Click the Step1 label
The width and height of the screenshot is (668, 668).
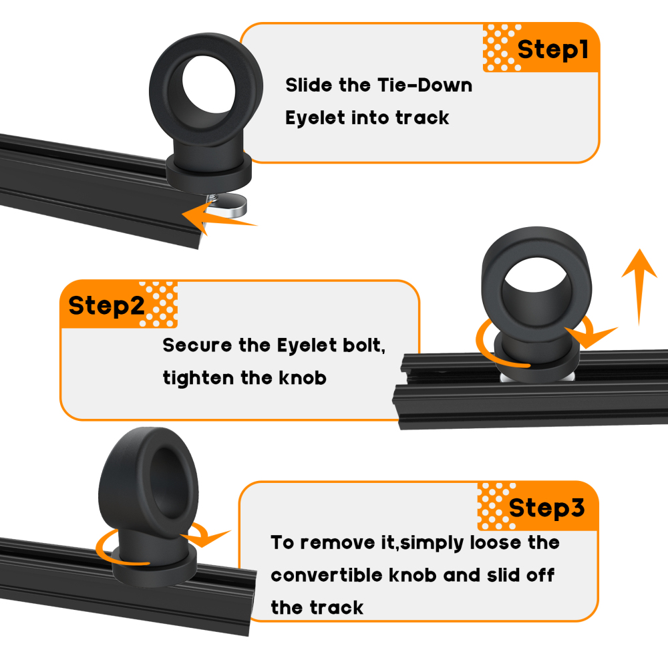(x=553, y=50)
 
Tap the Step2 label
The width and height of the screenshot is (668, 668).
(x=106, y=306)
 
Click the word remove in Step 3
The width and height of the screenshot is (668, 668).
(x=340, y=542)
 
